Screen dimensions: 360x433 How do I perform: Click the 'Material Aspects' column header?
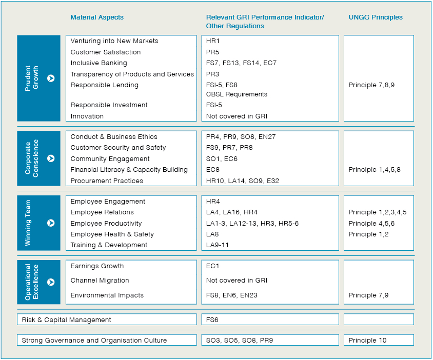tap(97, 17)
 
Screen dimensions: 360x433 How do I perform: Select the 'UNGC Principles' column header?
tap(376, 17)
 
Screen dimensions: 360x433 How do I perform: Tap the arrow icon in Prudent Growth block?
tap(51, 78)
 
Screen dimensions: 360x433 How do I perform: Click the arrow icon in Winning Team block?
tap(51, 223)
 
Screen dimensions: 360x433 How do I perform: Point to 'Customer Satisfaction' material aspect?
tap(105, 52)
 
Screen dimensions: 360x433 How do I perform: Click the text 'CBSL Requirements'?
tap(237, 94)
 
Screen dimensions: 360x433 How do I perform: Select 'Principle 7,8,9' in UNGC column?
tap(371, 85)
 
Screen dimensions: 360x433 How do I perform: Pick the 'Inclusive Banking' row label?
tap(99, 63)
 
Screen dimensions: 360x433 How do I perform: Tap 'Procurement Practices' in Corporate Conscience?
tap(107, 181)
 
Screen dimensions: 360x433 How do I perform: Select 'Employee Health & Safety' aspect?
tap(112, 234)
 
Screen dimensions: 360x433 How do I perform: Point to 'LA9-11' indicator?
tap(217, 245)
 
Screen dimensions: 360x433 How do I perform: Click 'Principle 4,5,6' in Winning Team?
tap(371, 224)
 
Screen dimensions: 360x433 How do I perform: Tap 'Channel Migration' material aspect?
tap(100, 281)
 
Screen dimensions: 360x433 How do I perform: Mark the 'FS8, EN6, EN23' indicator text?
tap(232, 295)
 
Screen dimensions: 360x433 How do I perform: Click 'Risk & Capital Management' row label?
tap(66, 320)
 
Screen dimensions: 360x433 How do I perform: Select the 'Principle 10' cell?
tap(367, 341)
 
